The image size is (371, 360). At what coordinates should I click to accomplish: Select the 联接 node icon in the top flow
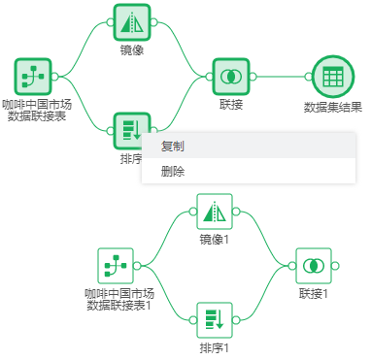pos(231,76)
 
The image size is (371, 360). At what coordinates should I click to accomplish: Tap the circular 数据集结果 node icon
pos(332,76)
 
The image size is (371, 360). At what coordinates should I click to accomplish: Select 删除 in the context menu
pos(174,172)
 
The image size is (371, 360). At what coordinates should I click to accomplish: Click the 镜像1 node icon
pos(214,211)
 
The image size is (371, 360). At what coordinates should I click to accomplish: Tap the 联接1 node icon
pos(313,265)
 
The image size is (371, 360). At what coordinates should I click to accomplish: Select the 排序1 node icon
pos(214,319)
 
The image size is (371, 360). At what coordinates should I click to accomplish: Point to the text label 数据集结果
pos(332,108)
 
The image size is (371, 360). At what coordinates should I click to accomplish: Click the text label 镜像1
pos(214,239)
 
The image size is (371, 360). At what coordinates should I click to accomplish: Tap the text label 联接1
pos(313,293)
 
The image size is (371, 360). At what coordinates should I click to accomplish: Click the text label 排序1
pos(214,347)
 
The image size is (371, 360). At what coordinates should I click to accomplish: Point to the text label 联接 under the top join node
pos(231,104)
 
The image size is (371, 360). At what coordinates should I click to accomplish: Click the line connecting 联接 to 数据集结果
pos(282,76)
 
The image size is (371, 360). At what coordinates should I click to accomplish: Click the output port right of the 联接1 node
pos(334,265)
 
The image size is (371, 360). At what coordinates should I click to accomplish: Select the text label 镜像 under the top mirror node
pos(131,49)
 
